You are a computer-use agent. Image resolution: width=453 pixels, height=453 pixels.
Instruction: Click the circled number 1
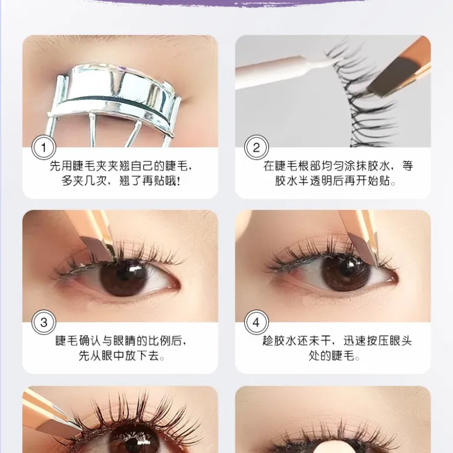click(x=43, y=147)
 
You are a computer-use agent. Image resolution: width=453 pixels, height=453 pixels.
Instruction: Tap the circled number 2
click(x=256, y=147)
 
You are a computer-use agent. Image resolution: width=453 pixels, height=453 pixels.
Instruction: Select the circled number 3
click(x=43, y=322)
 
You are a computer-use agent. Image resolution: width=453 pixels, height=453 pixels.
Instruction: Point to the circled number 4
click(x=256, y=322)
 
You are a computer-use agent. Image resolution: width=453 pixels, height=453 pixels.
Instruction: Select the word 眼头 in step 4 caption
click(x=401, y=341)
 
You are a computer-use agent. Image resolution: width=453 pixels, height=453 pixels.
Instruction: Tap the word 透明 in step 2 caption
click(x=321, y=181)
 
